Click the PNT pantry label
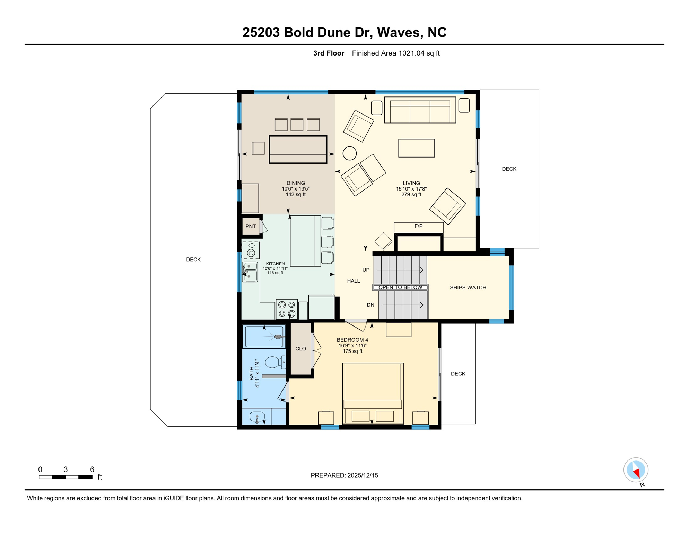pyautogui.click(x=251, y=226)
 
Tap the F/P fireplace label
pyautogui.click(x=418, y=226)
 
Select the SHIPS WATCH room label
pyautogui.click(x=468, y=288)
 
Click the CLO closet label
pyautogui.click(x=300, y=349)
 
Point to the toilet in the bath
pyautogui.click(x=276, y=363)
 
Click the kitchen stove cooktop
pyautogui.click(x=287, y=309)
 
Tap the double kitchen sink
pyautogui.click(x=250, y=272)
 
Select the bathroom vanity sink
pyautogui.click(x=257, y=416)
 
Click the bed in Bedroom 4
pyautogui.click(x=373, y=394)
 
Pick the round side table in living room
pyautogui.click(x=350, y=153)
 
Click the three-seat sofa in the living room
pyautogui.click(x=420, y=110)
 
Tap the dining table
pyautogui.click(x=298, y=150)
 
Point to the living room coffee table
pyautogui.click(x=417, y=148)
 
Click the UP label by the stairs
pyautogui.click(x=366, y=270)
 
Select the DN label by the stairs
pyautogui.click(x=370, y=305)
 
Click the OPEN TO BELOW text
pyautogui.click(x=400, y=287)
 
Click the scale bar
pyautogui.click(x=66, y=477)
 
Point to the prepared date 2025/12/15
pyautogui.click(x=363, y=475)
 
